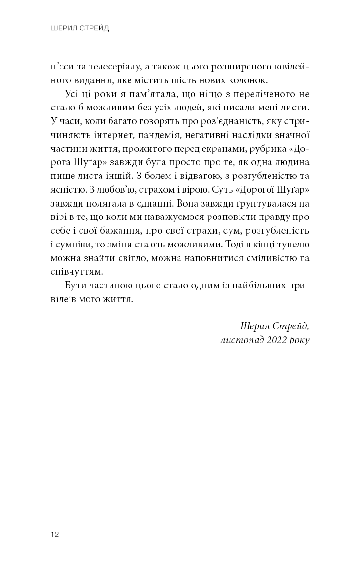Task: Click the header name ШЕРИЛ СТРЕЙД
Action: tap(80, 29)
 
